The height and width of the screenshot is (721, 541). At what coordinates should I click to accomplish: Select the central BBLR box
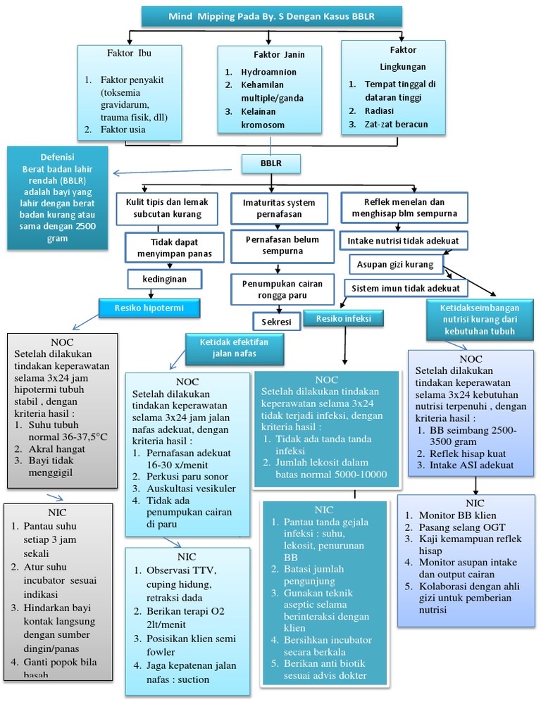tap(270, 163)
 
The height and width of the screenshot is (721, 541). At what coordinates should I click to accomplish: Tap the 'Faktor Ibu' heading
tap(129, 53)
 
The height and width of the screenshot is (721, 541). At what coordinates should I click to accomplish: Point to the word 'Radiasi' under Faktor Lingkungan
tap(379, 111)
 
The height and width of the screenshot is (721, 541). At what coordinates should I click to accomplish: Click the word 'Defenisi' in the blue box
tap(58, 156)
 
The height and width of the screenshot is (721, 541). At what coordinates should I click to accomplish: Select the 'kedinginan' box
tap(164, 279)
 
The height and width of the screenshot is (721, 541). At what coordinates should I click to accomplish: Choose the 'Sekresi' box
tap(276, 321)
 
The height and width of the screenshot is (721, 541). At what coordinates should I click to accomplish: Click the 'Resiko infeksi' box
tap(344, 319)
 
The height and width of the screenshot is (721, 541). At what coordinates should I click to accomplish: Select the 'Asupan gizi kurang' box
tap(396, 264)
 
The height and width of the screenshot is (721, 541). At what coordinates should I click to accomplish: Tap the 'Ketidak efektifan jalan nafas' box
tap(226, 347)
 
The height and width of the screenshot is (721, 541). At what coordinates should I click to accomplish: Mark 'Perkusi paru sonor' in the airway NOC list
tap(185, 477)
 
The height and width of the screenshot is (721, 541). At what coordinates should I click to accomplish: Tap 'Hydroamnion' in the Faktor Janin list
tap(268, 72)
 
